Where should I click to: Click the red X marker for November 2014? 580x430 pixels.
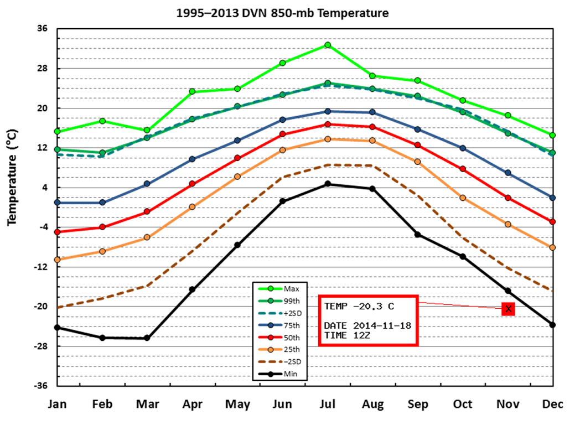[x=508, y=309]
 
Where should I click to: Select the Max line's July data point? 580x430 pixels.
[x=328, y=45]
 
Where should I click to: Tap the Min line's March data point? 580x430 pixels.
[x=147, y=338]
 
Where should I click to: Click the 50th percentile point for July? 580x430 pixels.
[x=328, y=125]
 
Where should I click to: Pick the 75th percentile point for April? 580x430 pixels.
[x=192, y=159]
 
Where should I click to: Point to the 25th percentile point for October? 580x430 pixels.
[x=463, y=198]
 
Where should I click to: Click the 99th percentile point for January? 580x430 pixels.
[x=58, y=149]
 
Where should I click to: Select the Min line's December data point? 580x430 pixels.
[x=552, y=324]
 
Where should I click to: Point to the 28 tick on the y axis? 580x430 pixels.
[x=43, y=69]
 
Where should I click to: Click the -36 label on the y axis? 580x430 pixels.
[x=42, y=386]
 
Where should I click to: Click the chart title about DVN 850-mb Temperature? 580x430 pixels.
[x=282, y=13]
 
